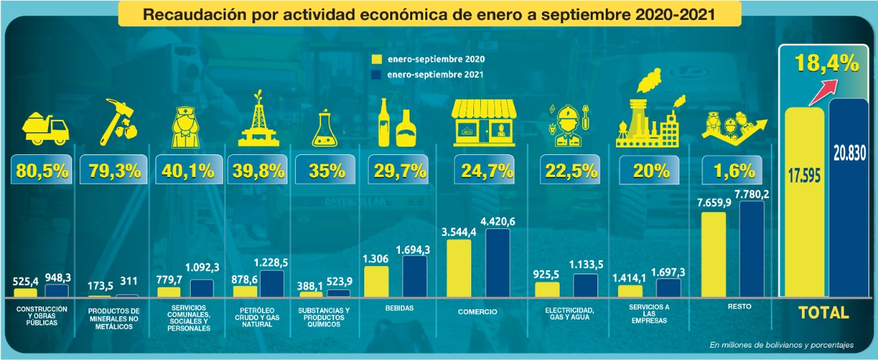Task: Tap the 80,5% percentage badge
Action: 42,171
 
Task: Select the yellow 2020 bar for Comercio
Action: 459,268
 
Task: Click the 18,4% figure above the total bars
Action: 827,64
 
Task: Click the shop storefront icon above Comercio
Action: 485,123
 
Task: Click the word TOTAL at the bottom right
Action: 823,313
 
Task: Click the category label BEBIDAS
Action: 400,309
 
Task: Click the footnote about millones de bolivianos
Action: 781,345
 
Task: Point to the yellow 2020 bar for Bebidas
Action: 376,282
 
